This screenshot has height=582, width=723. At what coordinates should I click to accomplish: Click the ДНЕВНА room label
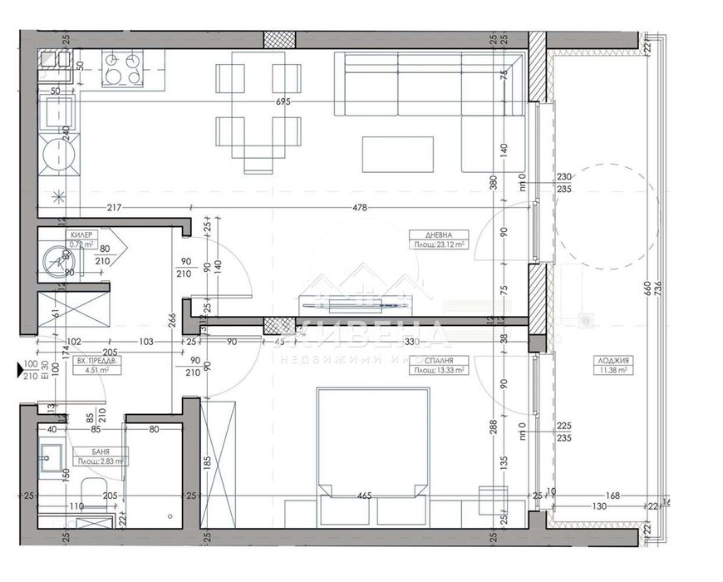tap(437, 235)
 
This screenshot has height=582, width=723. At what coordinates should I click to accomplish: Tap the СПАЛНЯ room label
tap(437, 362)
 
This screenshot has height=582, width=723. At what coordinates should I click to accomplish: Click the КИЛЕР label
tap(81, 235)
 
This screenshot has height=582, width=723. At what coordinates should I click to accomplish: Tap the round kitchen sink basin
tap(59, 153)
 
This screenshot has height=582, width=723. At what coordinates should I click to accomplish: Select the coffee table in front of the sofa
tap(397, 155)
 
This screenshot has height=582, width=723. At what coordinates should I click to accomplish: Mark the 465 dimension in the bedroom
tap(363, 496)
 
